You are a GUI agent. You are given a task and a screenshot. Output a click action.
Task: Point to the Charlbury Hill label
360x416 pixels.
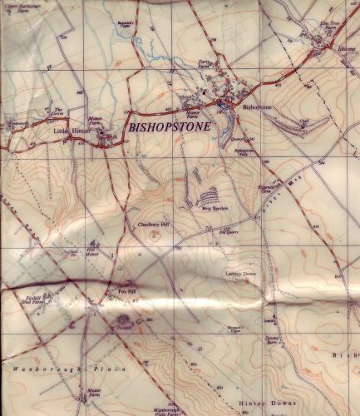[x=150, y=223]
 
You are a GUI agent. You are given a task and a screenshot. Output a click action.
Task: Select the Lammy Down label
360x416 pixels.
[x=239, y=273]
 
